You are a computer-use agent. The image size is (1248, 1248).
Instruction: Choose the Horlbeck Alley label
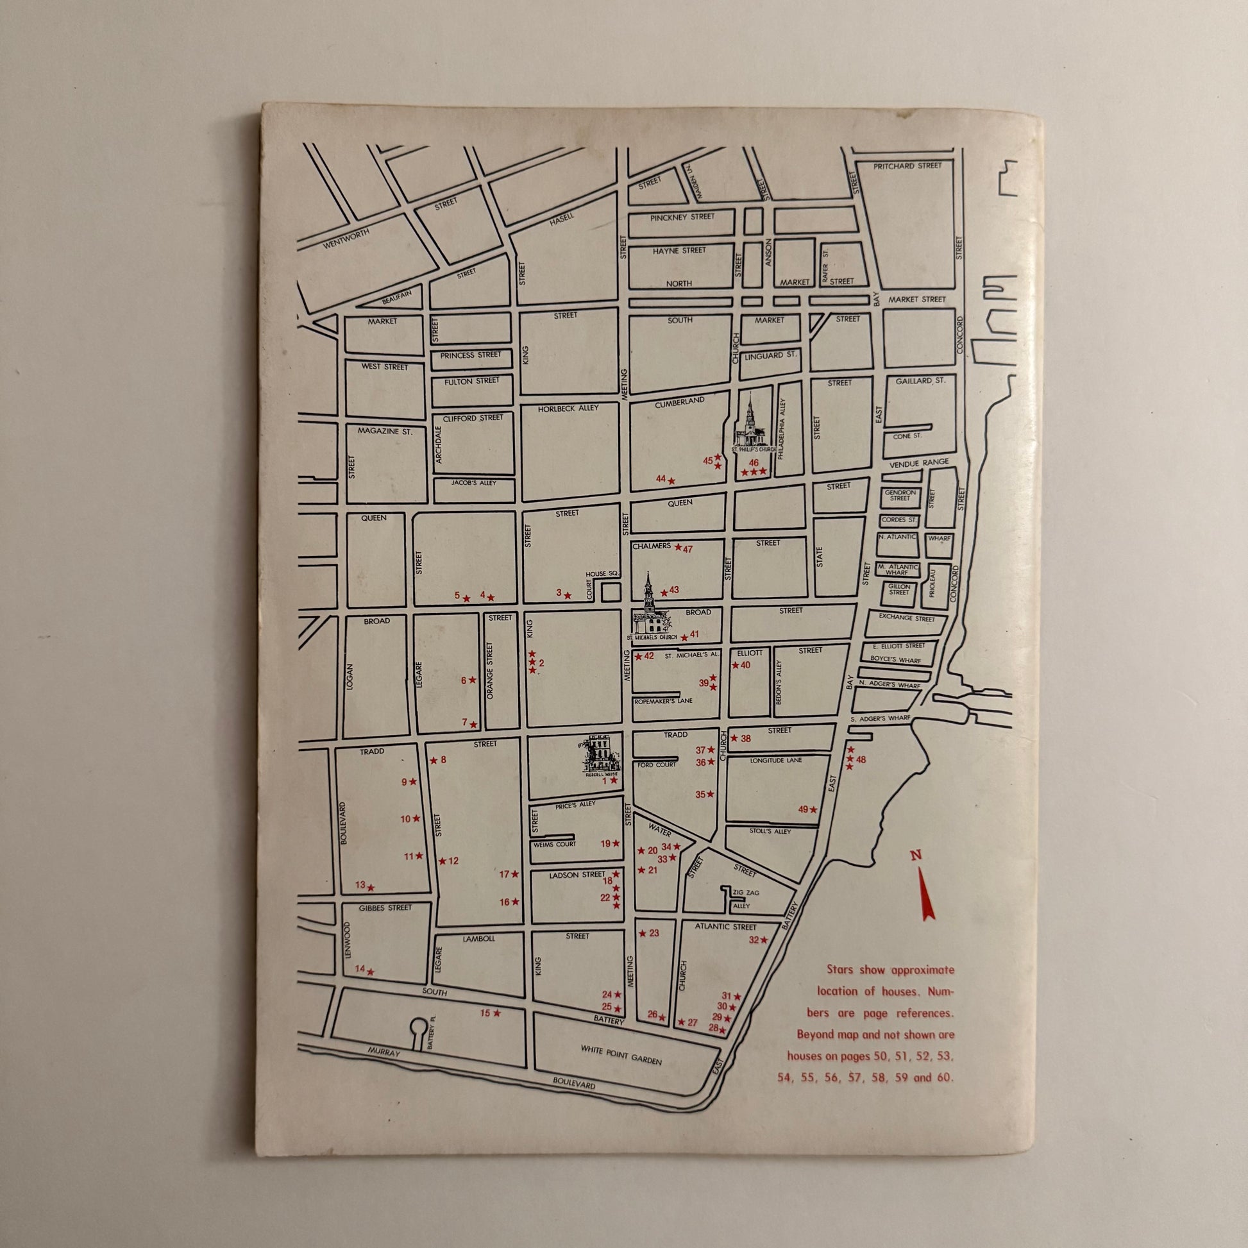click(568, 409)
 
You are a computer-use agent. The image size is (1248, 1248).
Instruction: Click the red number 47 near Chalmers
click(687, 549)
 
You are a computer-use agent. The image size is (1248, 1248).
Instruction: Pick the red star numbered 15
click(497, 1013)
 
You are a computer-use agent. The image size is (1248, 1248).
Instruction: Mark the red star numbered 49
click(813, 810)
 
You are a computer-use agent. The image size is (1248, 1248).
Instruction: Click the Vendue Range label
click(918, 462)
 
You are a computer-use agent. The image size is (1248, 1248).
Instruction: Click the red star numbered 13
click(371, 888)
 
